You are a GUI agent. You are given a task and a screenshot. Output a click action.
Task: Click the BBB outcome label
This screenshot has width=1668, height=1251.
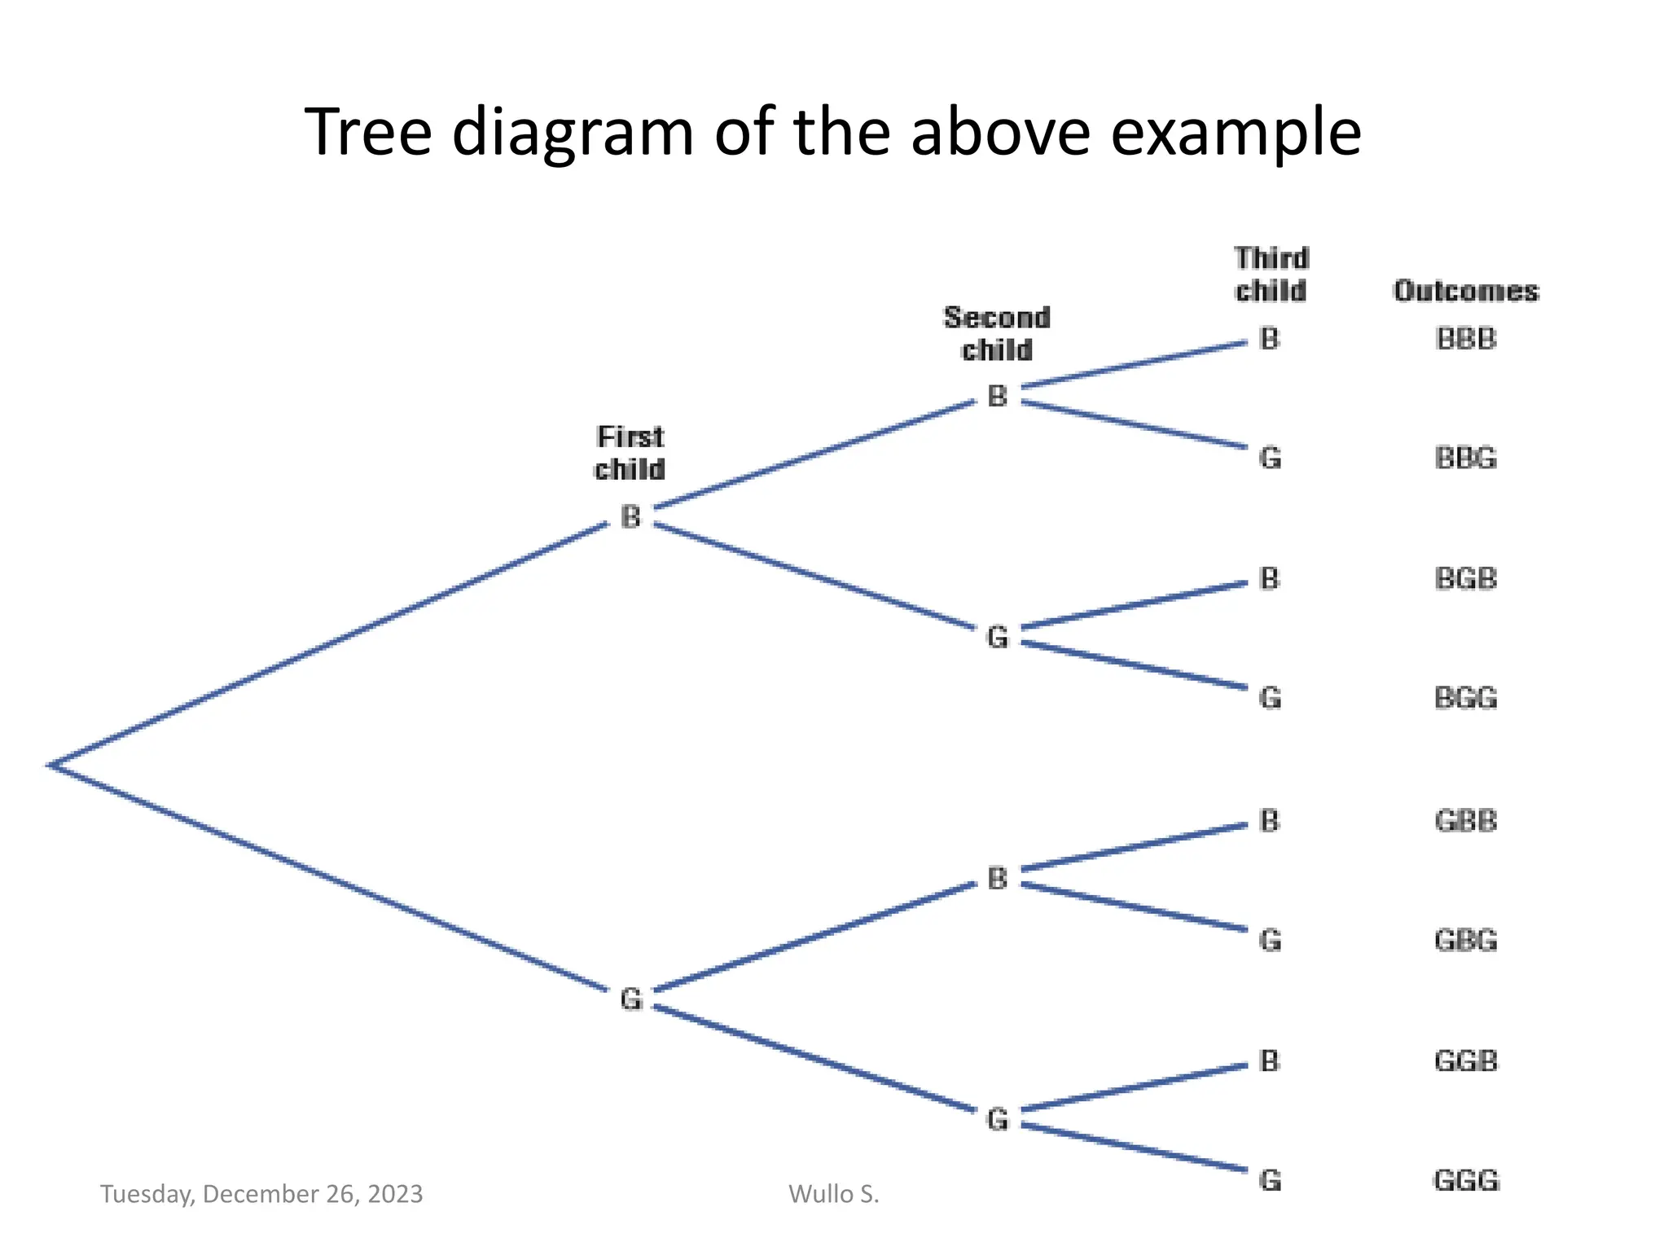(x=1465, y=339)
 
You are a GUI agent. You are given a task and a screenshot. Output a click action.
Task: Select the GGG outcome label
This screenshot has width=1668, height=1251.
(x=1465, y=1180)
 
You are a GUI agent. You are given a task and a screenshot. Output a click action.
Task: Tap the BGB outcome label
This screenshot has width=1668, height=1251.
(x=1465, y=579)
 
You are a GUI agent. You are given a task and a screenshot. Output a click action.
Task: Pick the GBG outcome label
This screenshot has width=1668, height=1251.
(x=1465, y=941)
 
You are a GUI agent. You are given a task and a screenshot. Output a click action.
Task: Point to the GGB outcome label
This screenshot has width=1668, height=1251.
(x=1465, y=1061)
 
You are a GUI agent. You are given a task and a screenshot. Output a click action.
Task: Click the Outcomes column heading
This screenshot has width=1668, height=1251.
(x=1465, y=291)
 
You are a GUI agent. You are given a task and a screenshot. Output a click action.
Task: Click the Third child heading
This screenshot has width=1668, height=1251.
(x=1271, y=274)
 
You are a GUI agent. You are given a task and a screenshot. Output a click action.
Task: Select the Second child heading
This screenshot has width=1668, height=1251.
(x=997, y=334)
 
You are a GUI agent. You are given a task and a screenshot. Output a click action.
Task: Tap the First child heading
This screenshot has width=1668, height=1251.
(x=630, y=453)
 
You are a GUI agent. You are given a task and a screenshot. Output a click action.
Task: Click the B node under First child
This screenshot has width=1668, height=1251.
(x=630, y=517)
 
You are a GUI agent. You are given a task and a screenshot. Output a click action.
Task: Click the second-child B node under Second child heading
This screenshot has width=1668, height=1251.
(x=997, y=397)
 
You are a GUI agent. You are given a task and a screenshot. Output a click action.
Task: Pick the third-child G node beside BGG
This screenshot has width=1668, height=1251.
(x=1270, y=699)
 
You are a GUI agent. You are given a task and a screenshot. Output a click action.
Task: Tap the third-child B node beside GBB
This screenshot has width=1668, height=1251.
(x=1269, y=821)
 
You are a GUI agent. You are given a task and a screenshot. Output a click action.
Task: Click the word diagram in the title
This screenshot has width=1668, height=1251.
(x=572, y=132)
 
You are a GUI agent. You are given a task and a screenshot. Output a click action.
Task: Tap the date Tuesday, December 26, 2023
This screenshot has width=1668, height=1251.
(x=261, y=1194)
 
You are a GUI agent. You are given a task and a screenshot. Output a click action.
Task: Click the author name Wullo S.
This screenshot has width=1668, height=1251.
(x=833, y=1194)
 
